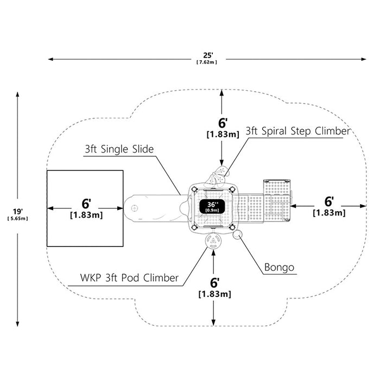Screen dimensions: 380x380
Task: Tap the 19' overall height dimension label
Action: pos(17,212)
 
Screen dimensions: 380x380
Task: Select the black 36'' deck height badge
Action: pos(212,207)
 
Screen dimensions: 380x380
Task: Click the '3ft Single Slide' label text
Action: pos(119,149)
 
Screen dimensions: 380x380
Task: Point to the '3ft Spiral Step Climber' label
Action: pos(298,131)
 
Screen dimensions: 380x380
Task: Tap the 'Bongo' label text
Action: pos(279,267)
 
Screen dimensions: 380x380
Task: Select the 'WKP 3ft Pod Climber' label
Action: pos(129,278)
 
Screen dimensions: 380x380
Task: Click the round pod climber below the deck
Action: pos(213,241)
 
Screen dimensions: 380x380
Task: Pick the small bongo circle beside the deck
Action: pos(237,235)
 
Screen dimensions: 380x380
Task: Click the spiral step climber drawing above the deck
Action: pos(217,176)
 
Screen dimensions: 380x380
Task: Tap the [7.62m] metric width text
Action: pos(207,62)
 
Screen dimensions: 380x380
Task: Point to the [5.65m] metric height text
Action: pos(18,219)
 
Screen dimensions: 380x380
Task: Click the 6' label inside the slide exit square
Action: pos(86,204)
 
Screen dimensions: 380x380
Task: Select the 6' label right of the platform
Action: pos(329,201)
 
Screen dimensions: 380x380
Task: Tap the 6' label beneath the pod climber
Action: pos(215,283)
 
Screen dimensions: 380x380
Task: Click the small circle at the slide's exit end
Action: pos(134,208)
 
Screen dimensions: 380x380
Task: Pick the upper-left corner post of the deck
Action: pos(194,189)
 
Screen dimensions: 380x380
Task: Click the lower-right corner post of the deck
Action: pos(232,227)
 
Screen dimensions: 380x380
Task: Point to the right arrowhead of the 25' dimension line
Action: pos(364,59)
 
